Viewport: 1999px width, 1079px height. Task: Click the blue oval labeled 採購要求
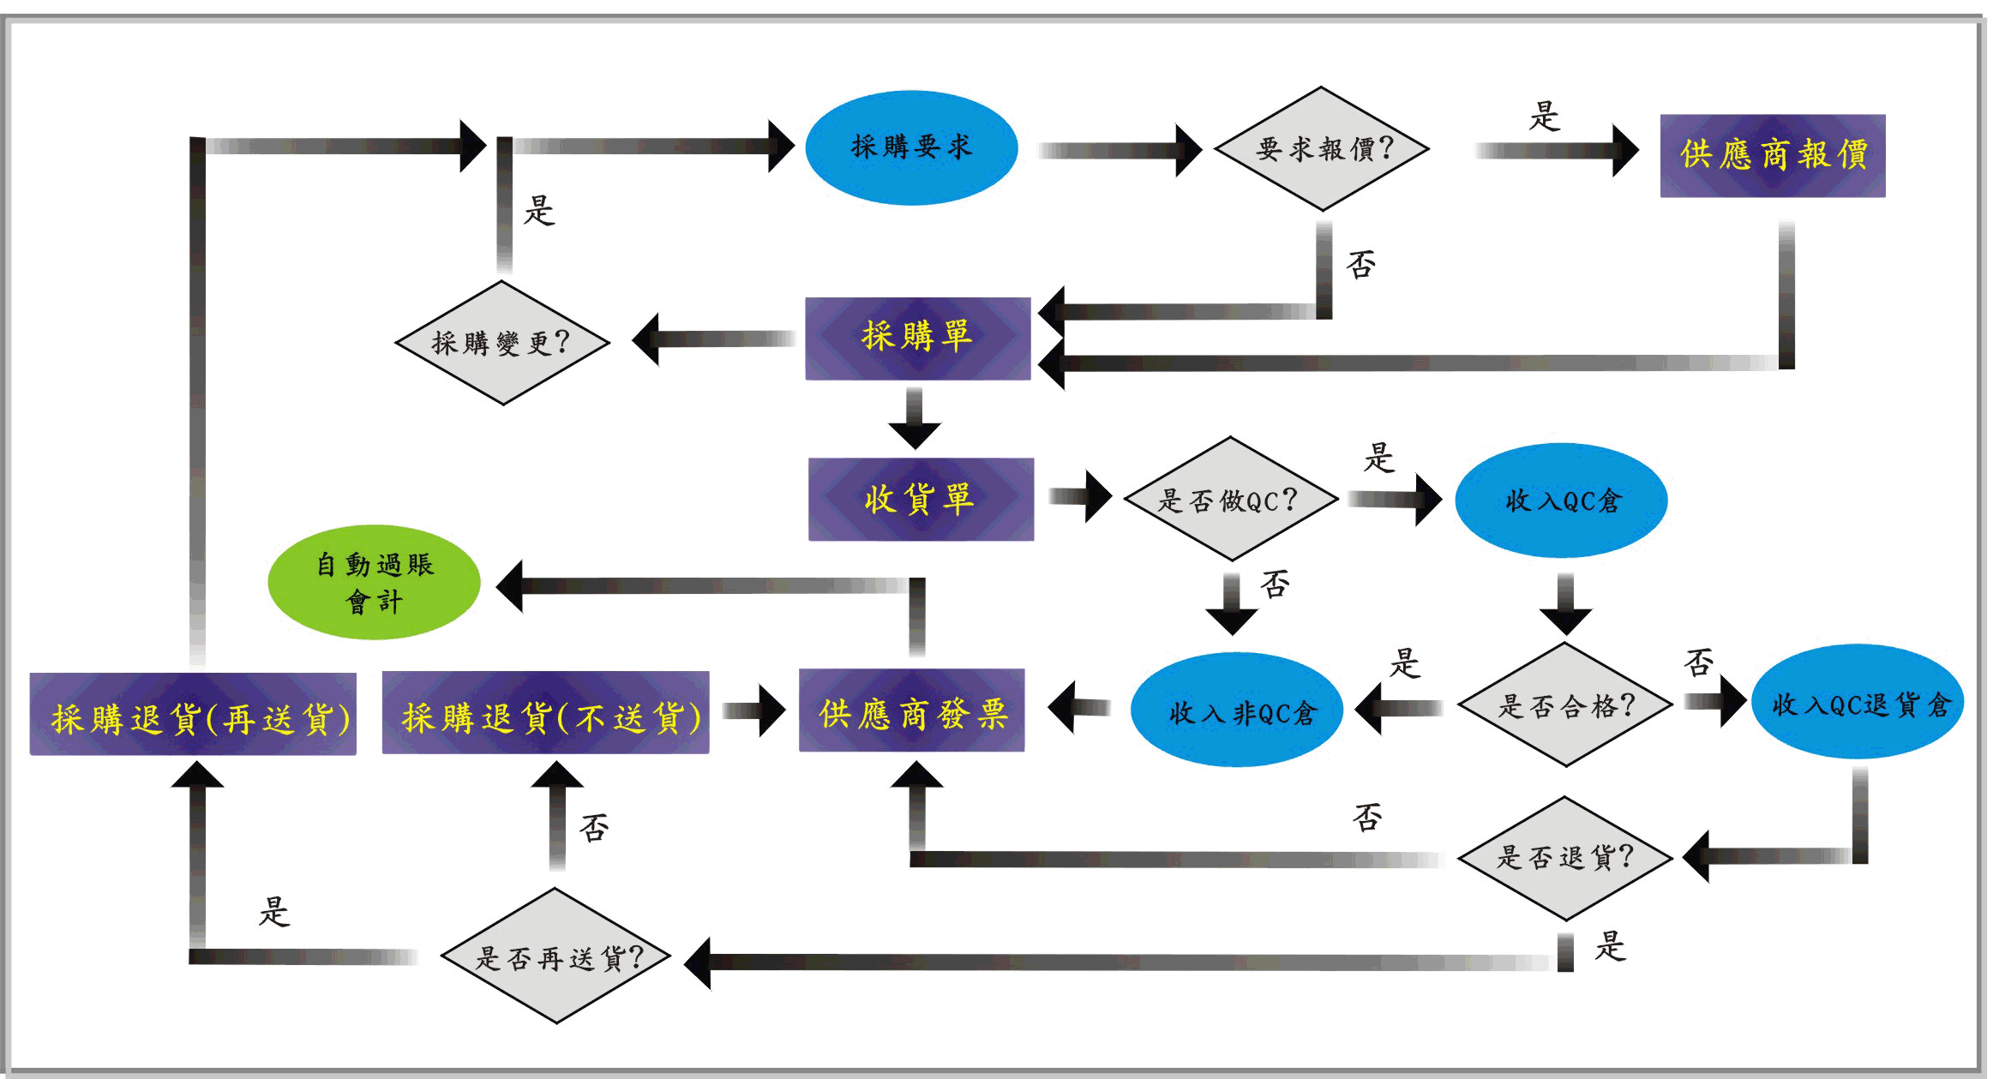911,147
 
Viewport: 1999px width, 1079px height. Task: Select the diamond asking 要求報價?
1322,149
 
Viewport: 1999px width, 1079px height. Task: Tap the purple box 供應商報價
1772,156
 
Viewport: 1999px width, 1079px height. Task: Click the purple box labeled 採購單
917,339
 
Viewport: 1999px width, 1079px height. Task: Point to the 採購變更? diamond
501,343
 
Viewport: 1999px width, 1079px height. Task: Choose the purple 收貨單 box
921,499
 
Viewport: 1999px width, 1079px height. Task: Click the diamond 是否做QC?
1230,500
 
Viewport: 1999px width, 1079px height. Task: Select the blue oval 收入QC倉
1561,501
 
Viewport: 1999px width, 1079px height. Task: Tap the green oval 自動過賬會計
375,583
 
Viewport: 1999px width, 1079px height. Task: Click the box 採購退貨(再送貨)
193,714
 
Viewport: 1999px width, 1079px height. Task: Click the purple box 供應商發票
911,710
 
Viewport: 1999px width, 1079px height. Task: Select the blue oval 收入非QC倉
1237,710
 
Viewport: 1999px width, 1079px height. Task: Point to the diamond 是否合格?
1565,704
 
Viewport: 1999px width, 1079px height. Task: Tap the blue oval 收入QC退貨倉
1857,703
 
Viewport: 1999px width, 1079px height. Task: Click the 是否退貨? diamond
1565,858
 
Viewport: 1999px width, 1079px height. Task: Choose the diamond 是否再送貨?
555,956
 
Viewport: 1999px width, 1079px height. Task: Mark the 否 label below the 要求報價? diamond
1361,265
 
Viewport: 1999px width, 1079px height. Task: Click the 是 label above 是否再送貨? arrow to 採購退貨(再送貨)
274,912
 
